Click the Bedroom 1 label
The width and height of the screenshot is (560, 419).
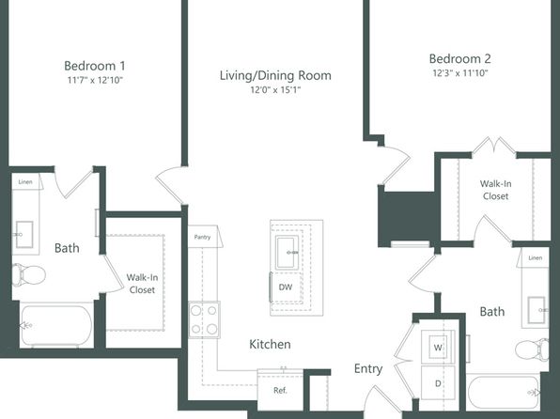pos(95,66)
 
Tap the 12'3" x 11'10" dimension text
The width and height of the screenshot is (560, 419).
pos(460,73)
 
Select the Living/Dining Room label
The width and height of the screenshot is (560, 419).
pos(275,75)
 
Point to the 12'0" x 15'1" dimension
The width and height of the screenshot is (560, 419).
pos(275,89)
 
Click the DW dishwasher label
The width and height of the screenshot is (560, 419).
pos(286,287)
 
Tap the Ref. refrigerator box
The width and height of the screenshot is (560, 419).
pos(280,390)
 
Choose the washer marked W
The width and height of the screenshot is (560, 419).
pos(438,347)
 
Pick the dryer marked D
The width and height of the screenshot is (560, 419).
pos(438,383)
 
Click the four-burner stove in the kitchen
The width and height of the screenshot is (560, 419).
pos(204,319)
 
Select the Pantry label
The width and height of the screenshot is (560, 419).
pos(202,237)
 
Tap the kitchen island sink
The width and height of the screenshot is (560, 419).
pos(288,253)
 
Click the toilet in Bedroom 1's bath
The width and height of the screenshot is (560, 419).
pos(29,275)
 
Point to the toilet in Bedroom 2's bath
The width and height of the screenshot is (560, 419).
pos(532,349)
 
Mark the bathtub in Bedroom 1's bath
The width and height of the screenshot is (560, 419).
pos(56,325)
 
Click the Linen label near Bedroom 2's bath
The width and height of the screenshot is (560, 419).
pos(535,258)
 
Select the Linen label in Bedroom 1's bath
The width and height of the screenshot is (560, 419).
pos(25,182)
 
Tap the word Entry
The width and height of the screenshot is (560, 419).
pos(368,368)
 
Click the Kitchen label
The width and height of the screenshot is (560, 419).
pos(270,345)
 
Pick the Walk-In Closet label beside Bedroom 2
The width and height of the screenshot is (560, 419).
pos(495,190)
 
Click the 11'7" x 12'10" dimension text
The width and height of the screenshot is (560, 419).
pos(95,80)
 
